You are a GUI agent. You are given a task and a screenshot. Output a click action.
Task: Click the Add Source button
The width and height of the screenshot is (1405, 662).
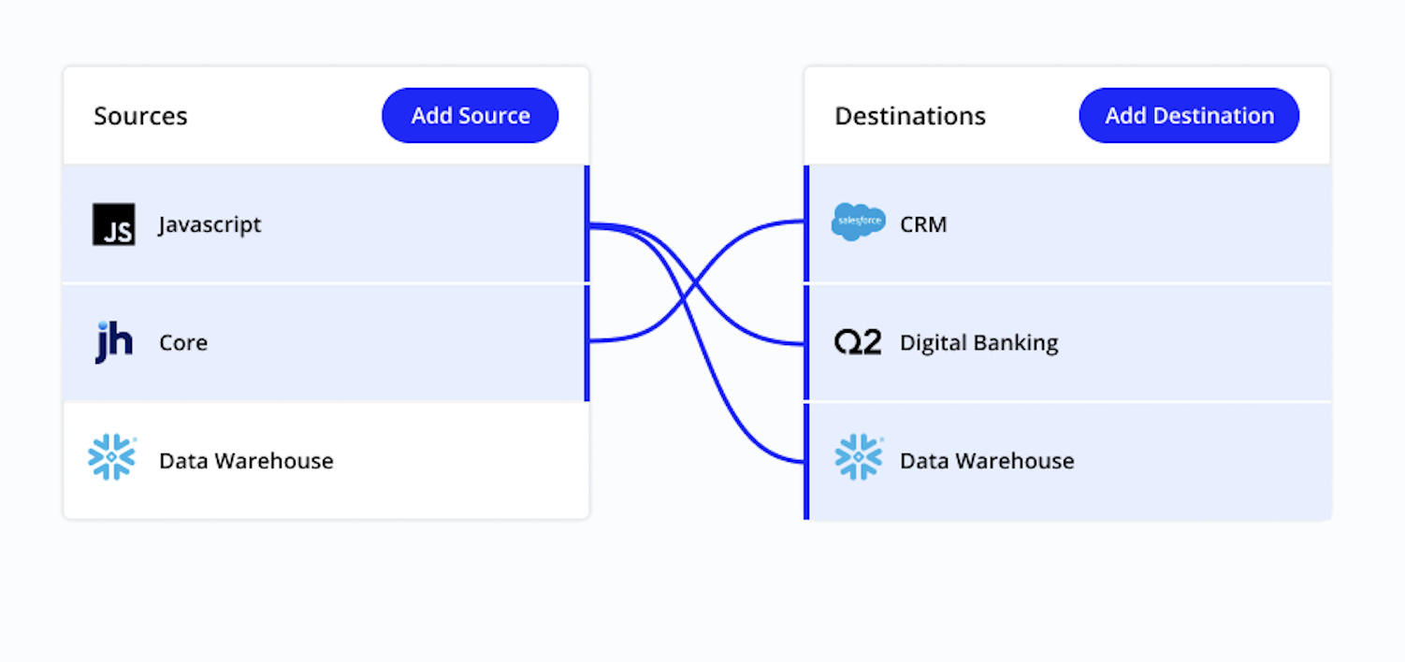click(470, 116)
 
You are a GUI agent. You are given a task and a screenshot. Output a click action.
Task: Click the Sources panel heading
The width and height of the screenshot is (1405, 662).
click(140, 116)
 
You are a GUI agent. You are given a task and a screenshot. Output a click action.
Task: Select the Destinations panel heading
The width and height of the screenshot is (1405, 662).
click(909, 116)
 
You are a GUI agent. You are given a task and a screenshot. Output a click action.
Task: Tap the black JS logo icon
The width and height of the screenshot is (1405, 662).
click(113, 224)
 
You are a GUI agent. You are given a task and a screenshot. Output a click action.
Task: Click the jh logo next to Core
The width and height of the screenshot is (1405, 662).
click(113, 342)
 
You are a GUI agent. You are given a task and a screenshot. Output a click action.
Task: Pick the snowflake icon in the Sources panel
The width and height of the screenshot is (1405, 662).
click(111, 458)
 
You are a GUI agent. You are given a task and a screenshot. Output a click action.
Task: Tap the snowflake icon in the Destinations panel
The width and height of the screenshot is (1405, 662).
click(858, 458)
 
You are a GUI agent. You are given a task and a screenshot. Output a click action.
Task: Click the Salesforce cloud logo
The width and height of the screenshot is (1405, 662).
click(858, 223)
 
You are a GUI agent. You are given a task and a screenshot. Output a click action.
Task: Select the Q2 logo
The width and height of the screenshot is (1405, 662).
click(858, 342)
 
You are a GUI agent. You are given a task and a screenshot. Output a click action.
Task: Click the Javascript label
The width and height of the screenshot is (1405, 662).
click(210, 225)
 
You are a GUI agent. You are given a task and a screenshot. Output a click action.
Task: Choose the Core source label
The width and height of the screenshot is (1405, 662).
click(183, 343)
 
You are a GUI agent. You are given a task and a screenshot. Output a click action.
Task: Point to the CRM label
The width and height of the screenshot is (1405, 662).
click(923, 225)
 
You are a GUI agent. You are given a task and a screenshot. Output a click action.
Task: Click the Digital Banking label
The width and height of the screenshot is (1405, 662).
click(978, 343)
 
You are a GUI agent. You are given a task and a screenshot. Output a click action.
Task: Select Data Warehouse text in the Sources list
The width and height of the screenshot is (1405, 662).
click(246, 461)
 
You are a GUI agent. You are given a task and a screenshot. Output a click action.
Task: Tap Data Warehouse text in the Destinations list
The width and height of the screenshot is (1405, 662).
click(987, 461)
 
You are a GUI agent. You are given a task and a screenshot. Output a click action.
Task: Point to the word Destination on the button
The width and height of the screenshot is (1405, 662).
click(1213, 116)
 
